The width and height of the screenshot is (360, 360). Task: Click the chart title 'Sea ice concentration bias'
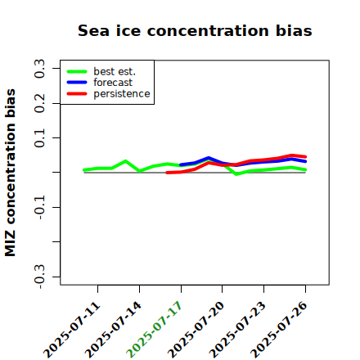pos(195,30)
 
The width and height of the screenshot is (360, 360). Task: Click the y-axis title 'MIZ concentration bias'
pos(11,173)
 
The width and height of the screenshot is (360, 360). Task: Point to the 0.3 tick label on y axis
pos(39,69)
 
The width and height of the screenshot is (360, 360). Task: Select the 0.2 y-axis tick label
pos(39,103)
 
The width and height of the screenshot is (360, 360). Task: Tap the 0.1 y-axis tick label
pos(39,138)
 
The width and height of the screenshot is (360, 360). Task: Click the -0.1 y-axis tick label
pos(39,208)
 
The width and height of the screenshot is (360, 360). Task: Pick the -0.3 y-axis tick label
pos(39,277)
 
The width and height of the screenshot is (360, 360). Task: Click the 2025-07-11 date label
pos(72,330)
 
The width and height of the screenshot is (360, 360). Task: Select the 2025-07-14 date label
pos(114,330)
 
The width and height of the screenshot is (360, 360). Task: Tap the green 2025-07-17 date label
pos(155,330)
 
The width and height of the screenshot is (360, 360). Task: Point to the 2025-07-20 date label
pos(196,330)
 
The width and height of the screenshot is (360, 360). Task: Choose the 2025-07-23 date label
pos(238,330)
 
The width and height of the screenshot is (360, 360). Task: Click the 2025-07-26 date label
pos(279,330)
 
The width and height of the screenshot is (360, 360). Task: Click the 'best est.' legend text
pos(115,71)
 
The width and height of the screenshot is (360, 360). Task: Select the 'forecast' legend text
pos(113,83)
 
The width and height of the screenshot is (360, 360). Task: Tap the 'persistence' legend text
pos(122,94)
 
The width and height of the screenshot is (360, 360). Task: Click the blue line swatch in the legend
pos(77,83)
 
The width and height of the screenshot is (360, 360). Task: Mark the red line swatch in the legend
pos(77,94)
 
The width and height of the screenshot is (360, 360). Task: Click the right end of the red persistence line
pos(305,157)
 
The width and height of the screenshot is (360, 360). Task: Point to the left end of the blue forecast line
pos(181,165)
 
